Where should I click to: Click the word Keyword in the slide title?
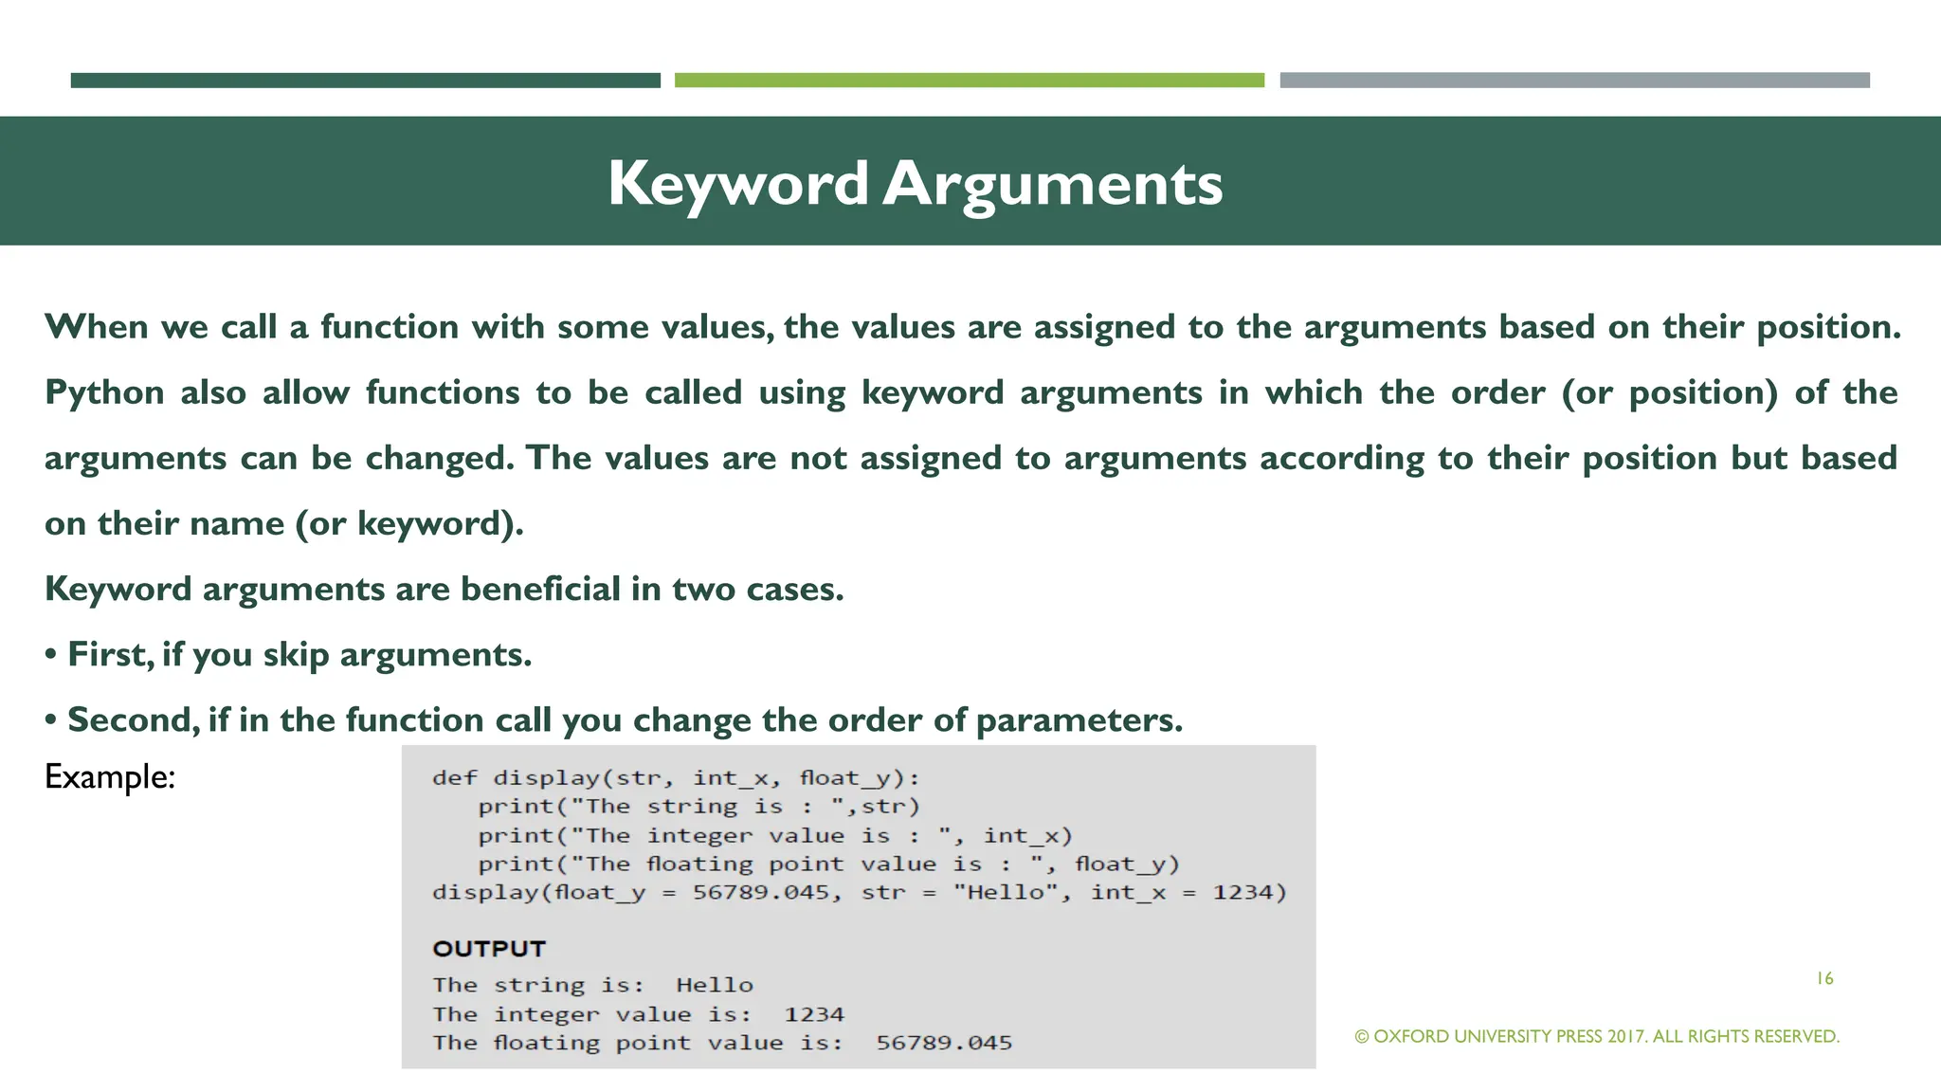coord(737,184)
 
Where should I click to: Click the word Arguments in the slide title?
coord(1053,184)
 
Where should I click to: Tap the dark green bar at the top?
coord(365,81)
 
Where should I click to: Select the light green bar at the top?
coord(969,81)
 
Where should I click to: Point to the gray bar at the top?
coord(1574,81)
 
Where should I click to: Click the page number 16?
coord(1824,978)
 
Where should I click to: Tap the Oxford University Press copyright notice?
coord(1597,1036)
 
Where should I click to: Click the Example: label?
coord(110,777)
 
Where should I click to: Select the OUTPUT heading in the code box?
coord(489,949)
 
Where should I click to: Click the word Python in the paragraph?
coord(104,392)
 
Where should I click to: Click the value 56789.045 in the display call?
coord(761,893)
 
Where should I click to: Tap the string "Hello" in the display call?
coord(1005,893)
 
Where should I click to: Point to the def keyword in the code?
coord(454,778)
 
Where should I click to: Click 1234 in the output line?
coord(813,1014)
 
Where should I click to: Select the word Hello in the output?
coord(715,986)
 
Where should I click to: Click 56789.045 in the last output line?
coord(944,1044)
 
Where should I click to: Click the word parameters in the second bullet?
coord(1079,720)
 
